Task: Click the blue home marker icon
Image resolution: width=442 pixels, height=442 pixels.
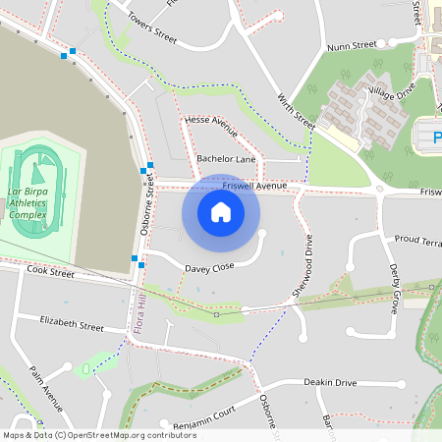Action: pyautogui.click(x=221, y=211)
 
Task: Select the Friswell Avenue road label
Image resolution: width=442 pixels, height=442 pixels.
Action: pyautogui.click(x=254, y=185)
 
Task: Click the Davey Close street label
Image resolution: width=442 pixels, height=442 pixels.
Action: pyautogui.click(x=209, y=267)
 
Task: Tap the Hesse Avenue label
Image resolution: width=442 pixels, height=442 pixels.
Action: pyautogui.click(x=212, y=126)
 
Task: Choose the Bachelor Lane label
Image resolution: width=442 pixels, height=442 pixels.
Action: pyautogui.click(x=226, y=158)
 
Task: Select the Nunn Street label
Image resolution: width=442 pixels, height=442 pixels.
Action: pyautogui.click(x=352, y=45)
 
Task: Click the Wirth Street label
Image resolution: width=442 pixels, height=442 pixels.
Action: pyautogui.click(x=296, y=111)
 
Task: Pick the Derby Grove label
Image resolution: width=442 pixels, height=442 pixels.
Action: pyautogui.click(x=394, y=288)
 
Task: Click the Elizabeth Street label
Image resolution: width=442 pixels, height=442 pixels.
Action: pyautogui.click(x=72, y=323)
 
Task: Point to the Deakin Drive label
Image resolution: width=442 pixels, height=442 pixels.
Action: pyautogui.click(x=330, y=382)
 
